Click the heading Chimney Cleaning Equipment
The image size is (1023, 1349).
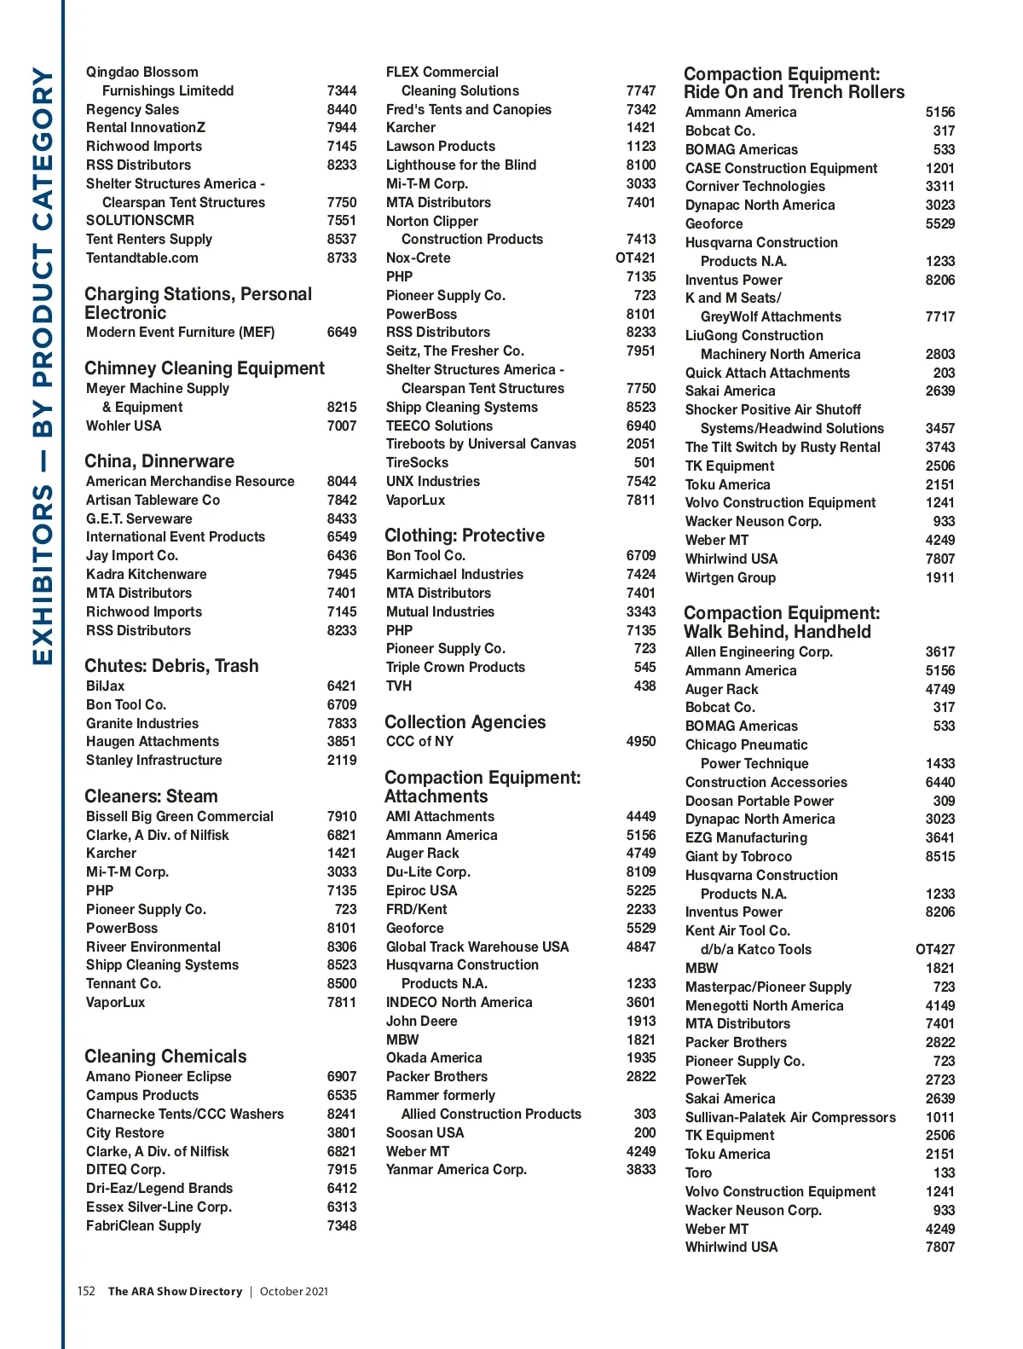205,368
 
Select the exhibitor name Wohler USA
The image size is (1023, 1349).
124,426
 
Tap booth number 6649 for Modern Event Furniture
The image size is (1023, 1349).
341,333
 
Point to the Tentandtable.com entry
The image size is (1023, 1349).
142,258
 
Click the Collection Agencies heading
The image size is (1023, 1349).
465,722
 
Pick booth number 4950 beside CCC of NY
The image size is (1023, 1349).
641,741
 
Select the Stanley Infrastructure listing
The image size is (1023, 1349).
154,760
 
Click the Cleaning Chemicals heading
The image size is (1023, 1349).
165,1056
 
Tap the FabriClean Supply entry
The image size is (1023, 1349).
144,1225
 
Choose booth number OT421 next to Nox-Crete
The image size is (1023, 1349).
635,258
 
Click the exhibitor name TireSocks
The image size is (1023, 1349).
417,462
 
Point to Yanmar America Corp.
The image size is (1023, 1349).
456,1169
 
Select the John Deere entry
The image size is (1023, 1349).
421,1021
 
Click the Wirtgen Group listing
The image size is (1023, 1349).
731,577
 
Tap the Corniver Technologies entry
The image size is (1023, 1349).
755,186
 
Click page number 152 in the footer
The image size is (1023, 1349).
86,1291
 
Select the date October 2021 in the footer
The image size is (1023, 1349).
293,1291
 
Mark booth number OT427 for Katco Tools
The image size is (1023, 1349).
934,949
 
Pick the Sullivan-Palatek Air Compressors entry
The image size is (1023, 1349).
790,1117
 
